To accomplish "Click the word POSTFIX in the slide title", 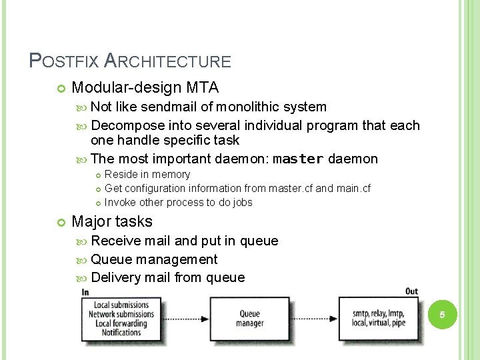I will (63, 61).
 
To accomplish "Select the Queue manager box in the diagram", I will (249, 319).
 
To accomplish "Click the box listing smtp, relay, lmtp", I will (379, 319).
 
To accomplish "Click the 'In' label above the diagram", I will (85, 292).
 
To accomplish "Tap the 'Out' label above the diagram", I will (411, 291).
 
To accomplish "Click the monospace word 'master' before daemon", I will (298, 159).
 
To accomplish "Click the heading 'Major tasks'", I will (112, 221).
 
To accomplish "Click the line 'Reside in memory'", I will (147, 174).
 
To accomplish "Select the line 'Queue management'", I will (154, 259).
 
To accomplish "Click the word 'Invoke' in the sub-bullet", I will (121, 202).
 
